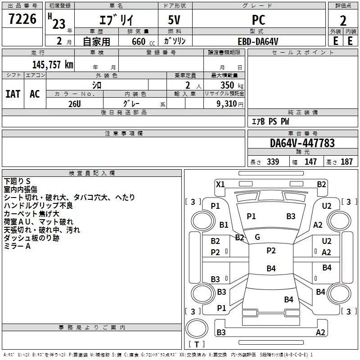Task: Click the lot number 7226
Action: pyautogui.click(x=22, y=19)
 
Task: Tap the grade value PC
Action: pyautogui.click(x=259, y=20)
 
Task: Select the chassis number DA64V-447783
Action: pyautogui.click(x=302, y=143)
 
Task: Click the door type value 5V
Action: pyautogui.click(x=175, y=20)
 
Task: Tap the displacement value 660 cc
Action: pyautogui.click(x=142, y=41)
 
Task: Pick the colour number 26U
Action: pyautogui.click(x=75, y=103)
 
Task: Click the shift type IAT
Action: pyautogui.click(x=13, y=94)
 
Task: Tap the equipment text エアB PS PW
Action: pyautogui.click(x=270, y=121)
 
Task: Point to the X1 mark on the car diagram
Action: pyautogui.click(x=220, y=184)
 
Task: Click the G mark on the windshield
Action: pyautogui.click(x=257, y=237)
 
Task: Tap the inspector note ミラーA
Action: pyautogui.click(x=17, y=246)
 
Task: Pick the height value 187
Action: pyautogui.click(x=346, y=162)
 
